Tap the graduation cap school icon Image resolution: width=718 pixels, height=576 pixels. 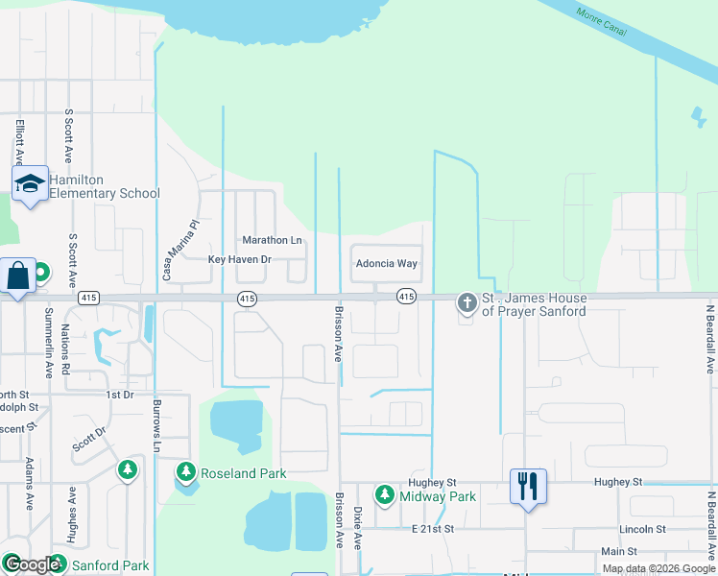point(30,185)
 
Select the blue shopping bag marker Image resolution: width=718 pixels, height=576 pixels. point(18,277)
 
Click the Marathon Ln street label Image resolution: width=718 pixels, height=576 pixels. point(272,240)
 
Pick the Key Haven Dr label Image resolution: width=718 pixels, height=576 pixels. point(240,260)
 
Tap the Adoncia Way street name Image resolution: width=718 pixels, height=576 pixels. point(386,263)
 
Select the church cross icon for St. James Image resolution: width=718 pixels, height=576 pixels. point(467,304)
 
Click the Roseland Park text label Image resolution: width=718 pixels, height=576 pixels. point(243,473)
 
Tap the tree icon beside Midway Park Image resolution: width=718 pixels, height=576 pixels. point(384,495)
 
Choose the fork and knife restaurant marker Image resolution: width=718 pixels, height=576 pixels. point(527,485)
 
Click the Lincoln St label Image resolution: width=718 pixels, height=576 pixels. point(642,530)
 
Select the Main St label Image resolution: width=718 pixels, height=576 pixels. point(619,551)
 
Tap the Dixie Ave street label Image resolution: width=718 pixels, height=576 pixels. point(357,527)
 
